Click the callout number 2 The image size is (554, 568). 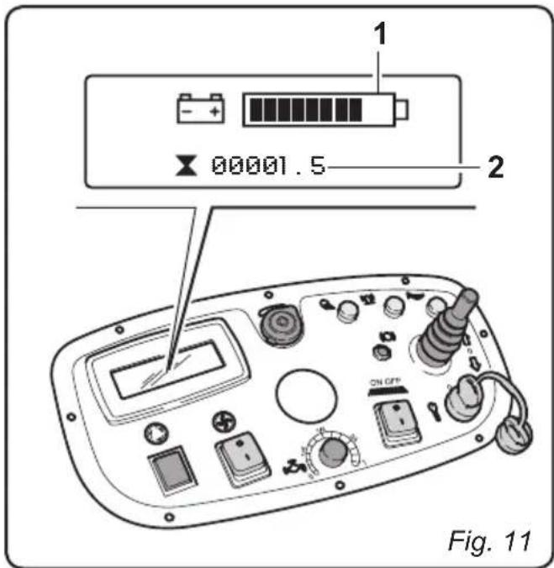(x=496, y=167)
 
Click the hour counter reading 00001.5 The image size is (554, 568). (x=266, y=166)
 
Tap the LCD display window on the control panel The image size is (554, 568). (x=171, y=369)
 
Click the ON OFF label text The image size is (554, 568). (x=383, y=382)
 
